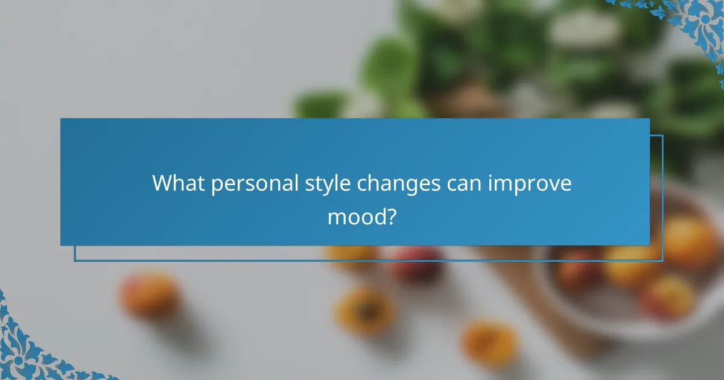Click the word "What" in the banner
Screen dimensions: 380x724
point(176,183)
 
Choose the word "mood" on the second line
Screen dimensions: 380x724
point(355,215)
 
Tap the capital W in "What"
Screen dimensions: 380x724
point(162,183)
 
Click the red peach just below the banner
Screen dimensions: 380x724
point(416,264)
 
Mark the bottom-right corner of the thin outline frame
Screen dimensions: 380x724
point(662,261)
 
